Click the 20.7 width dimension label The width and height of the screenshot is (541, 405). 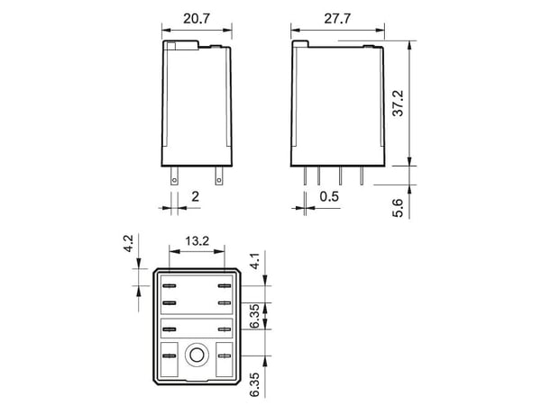[x=197, y=19]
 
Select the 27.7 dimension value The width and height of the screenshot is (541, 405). [x=337, y=19]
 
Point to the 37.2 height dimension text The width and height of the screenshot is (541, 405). [x=399, y=103]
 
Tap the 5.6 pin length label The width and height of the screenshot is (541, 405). [x=399, y=208]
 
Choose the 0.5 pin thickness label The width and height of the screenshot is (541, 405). [x=329, y=196]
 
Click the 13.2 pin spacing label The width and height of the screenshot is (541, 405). [x=197, y=240]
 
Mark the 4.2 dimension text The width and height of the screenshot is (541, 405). [x=128, y=244]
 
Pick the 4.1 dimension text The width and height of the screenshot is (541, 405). [x=254, y=261]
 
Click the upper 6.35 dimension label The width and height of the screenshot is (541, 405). [x=254, y=316]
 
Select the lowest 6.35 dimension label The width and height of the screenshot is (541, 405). [x=254, y=384]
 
